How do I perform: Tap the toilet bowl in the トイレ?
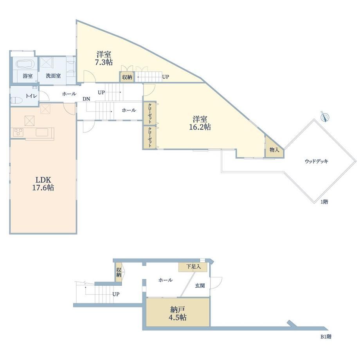pos(16,100)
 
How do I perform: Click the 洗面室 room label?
pos(53,76)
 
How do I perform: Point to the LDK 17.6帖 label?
pos(43,184)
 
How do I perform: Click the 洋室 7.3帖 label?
pos(104,58)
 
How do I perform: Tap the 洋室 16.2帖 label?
pos(200,123)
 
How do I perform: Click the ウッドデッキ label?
pos(317,161)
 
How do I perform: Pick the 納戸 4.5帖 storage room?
pos(178,312)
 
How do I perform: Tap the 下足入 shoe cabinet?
pos(193,267)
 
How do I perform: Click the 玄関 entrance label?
pos(200,286)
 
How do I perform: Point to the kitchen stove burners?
pos(18,133)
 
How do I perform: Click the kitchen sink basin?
pos(42,133)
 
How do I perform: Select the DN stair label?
pos(86,99)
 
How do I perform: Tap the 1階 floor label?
pos(324,202)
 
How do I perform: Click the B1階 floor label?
pos(326,337)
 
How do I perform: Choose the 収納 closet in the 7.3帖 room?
pos(127,77)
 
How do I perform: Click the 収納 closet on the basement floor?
pos(119,272)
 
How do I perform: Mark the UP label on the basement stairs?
pos(116,294)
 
